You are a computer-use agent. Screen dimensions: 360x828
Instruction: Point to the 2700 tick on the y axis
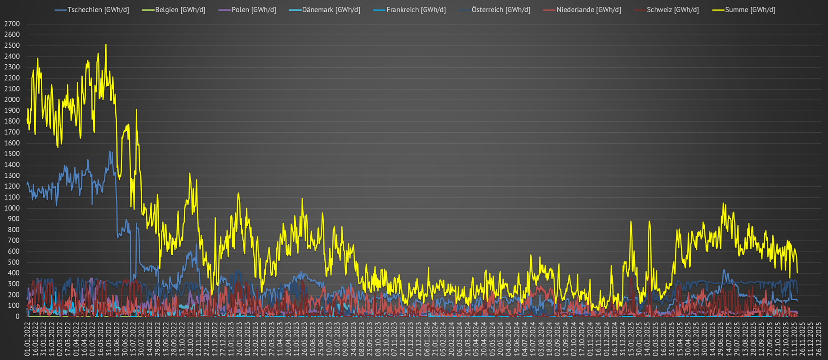12,24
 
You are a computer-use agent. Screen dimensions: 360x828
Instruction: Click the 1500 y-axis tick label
12,154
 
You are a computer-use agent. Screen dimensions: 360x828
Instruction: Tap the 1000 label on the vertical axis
12,208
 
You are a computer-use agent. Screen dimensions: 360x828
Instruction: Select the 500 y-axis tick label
13,262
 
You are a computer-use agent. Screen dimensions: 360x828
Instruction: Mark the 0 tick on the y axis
18,316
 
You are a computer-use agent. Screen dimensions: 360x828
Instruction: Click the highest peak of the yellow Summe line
106,45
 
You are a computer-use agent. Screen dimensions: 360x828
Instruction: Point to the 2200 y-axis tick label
12,78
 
